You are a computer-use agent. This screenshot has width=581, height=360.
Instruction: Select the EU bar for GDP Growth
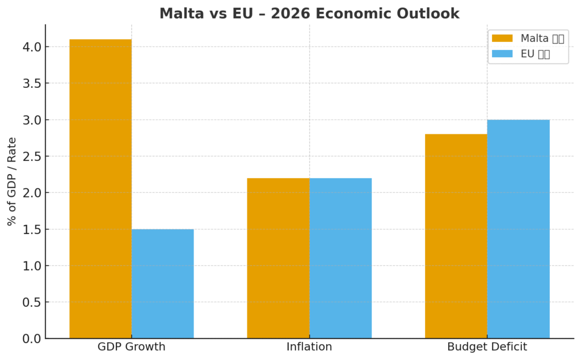162,283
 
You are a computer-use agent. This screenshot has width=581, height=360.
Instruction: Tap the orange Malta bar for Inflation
278,258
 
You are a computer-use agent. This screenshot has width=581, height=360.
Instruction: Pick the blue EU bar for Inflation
340,258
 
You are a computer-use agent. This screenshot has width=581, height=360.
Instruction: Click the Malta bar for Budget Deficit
456,236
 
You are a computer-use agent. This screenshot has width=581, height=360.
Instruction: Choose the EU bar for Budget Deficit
518,229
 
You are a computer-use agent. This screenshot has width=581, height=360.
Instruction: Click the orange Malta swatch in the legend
502,39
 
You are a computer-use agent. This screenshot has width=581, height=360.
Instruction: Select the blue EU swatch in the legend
502,54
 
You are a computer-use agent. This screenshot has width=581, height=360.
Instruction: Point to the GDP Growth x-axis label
132,347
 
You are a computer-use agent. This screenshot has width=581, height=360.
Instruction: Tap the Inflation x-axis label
309,347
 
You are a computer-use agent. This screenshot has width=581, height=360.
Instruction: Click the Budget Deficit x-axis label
487,347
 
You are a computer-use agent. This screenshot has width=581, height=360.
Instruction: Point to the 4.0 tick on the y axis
29,47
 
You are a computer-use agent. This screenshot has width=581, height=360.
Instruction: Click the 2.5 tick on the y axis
29,156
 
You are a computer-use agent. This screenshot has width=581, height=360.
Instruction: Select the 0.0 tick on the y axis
29,338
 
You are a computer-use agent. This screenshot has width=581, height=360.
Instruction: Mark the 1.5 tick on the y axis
29,230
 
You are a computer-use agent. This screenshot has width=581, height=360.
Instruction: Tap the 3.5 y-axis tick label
29,83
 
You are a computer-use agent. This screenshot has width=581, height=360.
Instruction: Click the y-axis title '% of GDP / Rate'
12,181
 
